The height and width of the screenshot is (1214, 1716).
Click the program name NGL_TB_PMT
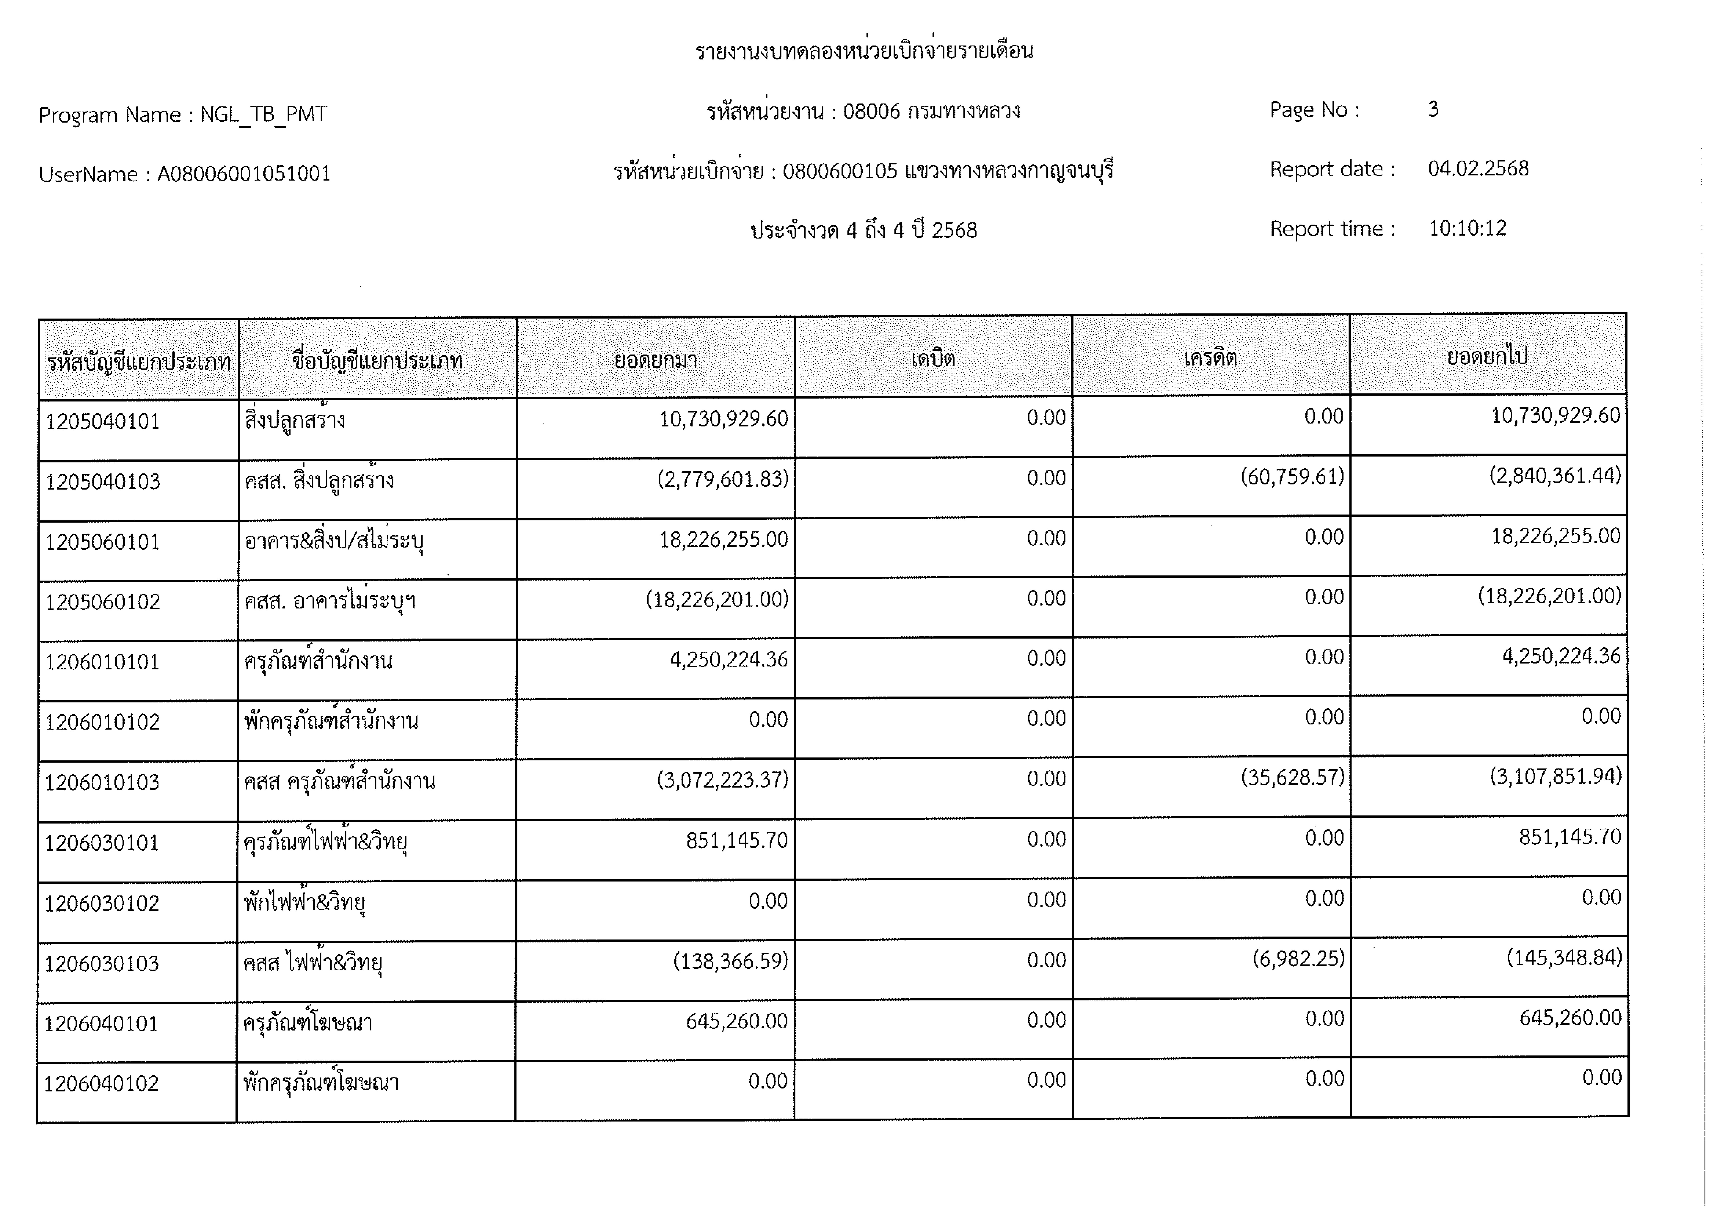point(263,114)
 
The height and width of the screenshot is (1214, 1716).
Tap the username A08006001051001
point(244,174)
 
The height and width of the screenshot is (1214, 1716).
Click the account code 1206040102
point(102,1084)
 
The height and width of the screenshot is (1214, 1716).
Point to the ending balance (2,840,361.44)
point(1555,475)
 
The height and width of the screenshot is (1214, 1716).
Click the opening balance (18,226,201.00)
point(717,599)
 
